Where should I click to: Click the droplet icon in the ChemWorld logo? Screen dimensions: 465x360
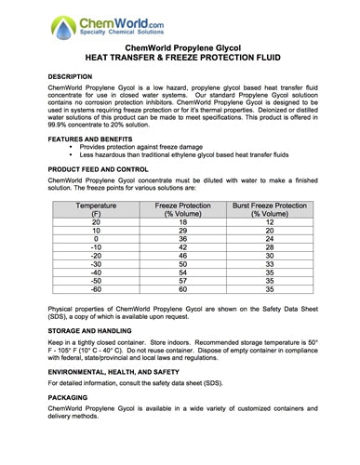pyautogui.click(x=39, y=20)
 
